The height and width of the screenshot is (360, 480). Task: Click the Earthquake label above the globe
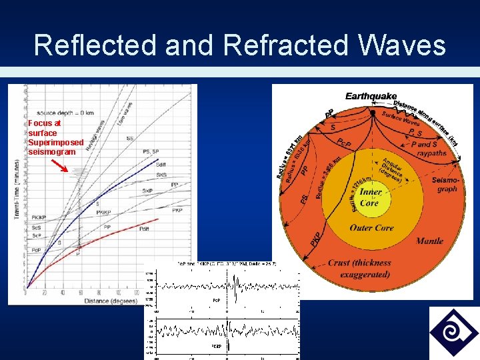coord(371,97)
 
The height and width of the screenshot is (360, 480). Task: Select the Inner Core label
coord(369,198)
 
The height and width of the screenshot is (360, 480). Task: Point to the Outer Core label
coord(371,228)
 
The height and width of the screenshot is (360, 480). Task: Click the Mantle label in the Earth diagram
coord(429,241)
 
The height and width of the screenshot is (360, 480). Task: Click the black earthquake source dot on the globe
coord(372,111)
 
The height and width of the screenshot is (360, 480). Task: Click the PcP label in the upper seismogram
coord(217,301)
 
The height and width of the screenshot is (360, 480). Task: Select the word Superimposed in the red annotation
coord(56,143)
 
